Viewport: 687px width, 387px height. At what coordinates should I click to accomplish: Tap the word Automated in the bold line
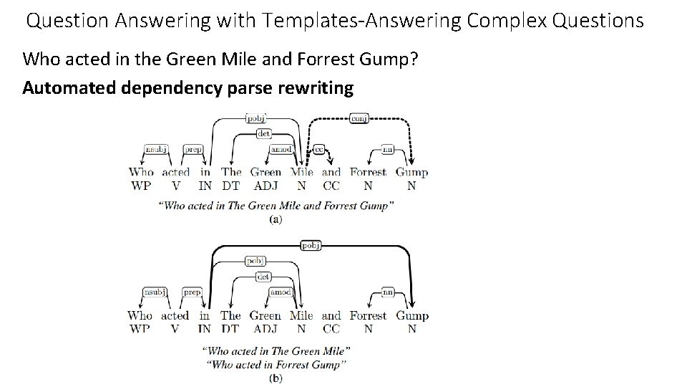click(64, 88)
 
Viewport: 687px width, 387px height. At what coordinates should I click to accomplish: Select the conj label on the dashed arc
click(359, 118)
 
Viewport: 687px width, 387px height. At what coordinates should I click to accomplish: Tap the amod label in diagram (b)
click(280, 292)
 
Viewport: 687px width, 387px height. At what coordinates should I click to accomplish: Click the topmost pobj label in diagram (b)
click(311, 246)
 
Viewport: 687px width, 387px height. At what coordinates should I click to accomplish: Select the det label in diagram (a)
click(263, 133)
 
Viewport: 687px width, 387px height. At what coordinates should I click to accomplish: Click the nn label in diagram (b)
click(389, 292)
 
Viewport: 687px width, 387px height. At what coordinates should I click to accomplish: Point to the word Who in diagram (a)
click(141, 172)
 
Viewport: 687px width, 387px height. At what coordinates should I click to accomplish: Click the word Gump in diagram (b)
click(411, 315)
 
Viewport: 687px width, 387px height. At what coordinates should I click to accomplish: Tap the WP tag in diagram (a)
click(141, 186)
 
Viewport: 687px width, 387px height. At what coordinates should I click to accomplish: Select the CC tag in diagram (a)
click(331, 186)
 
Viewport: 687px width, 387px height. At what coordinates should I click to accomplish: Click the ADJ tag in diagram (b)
click(265, 329)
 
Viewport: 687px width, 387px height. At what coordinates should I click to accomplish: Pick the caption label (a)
click(276, 220)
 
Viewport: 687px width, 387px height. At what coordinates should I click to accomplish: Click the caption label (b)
click(276, 378)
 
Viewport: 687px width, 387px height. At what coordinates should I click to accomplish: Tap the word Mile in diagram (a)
click(302, 172)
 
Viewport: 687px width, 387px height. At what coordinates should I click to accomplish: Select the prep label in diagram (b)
click(193, 292)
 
